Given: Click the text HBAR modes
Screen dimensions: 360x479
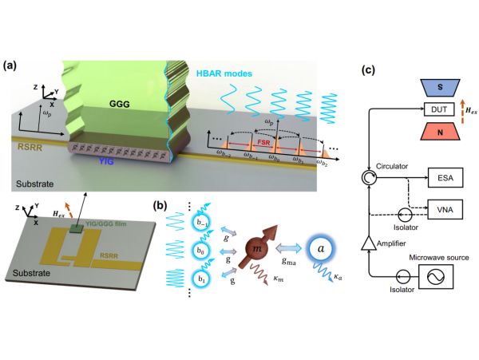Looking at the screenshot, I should [x=226, y=73].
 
